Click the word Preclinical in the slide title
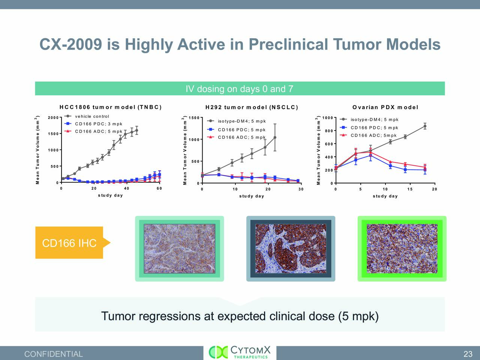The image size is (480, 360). point(288,44)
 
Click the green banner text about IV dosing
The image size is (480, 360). point(239,89)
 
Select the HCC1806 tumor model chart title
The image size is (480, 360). point(111,107)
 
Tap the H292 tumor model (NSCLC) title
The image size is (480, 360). point(252,107)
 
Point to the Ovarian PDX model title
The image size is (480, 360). point(385,107)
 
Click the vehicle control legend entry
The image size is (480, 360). point(92,117)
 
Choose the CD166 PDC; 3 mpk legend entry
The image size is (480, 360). point(98,124)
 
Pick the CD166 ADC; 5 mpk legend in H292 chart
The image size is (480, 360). point(241,137)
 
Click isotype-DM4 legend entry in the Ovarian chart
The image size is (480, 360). point(374,120)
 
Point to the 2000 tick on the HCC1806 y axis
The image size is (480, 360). point(53,118)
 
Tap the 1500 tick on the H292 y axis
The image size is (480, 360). point(194,118)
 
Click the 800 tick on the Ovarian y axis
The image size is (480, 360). point(328,131)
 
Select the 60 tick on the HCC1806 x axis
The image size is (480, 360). point(159,189)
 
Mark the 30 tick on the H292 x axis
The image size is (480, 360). point(301,189)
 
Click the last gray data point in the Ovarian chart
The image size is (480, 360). point(425,126)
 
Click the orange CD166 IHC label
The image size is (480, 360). point(69,243)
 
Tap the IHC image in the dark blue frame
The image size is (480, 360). point(291,249)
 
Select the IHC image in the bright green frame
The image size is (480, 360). point(402,249)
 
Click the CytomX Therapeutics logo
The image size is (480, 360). point(240,352)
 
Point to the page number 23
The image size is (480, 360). point(468,354)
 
